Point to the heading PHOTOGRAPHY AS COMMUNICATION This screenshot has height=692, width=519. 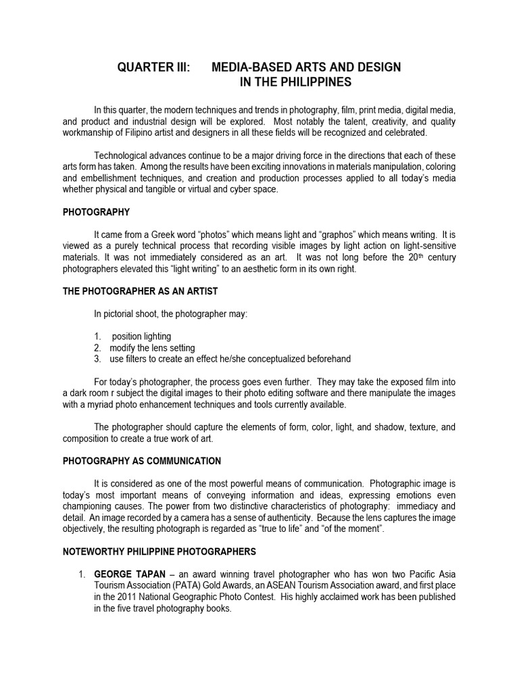(x=142, y=461)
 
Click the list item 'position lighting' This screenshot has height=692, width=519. (x=141, y=337)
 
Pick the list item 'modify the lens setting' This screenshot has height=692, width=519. (x=152, y=347)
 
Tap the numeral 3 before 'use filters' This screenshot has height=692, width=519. (x=97, y=359)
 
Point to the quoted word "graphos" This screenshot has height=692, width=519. (x=335, y=235)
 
